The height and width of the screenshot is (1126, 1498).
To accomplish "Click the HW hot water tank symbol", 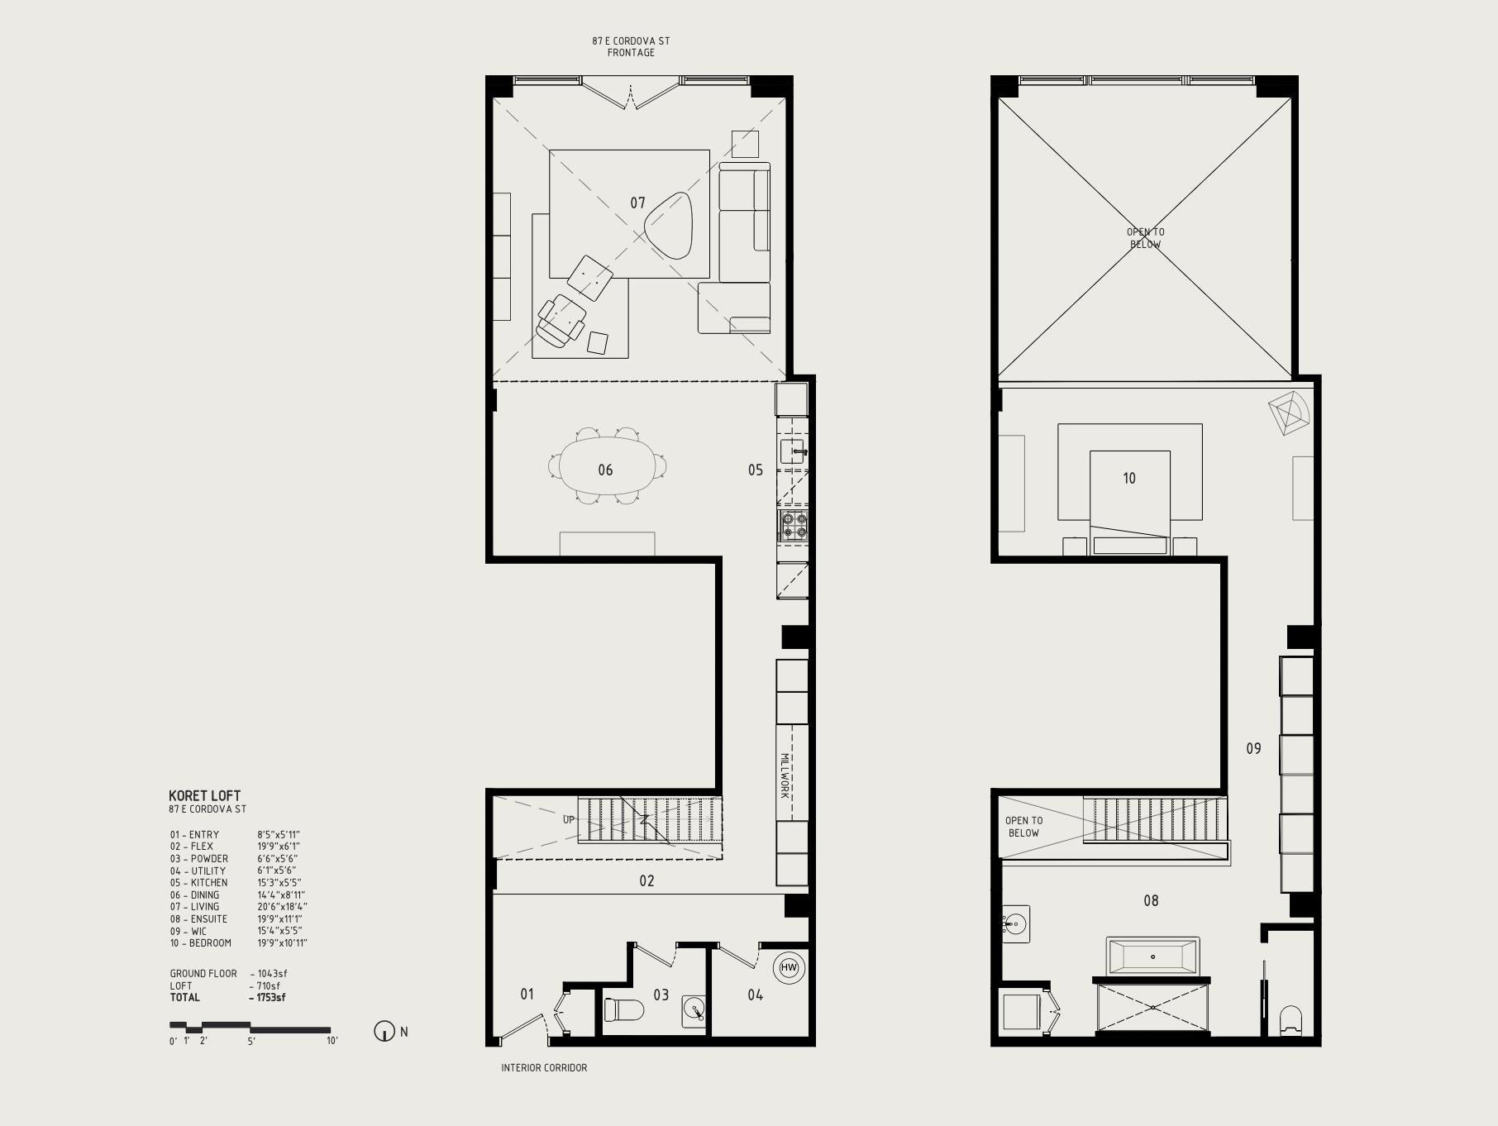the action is pos(789,967).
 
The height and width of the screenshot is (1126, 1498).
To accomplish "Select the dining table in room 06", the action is pos(606,466).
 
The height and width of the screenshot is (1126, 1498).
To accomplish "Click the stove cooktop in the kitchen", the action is pos(792,526).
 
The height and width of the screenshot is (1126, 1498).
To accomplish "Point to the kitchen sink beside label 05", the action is pos(793,451).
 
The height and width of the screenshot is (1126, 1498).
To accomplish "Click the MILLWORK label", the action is pos(785,775).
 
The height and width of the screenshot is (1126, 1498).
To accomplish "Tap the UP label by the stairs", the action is pos(569,820).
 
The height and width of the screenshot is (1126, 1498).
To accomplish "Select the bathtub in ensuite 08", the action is pos(1152,957).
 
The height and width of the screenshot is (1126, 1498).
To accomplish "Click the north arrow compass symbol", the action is pos(384,1032).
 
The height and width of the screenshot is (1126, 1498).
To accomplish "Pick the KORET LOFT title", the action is pos(204,795).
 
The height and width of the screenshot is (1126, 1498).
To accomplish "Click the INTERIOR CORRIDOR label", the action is pos(544,1067).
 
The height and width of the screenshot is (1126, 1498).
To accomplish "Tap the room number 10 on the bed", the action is pos(1129,478).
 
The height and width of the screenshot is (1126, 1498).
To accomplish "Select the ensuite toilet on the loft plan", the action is pos(1290,1020).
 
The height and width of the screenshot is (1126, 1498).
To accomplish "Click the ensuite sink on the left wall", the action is pos(1015,923).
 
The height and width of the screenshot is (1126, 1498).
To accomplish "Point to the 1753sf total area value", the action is pos(271,997).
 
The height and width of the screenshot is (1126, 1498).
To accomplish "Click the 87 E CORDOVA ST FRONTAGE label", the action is pos(631,46).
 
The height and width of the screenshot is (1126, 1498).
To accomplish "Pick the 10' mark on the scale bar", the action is pos(332,1041).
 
